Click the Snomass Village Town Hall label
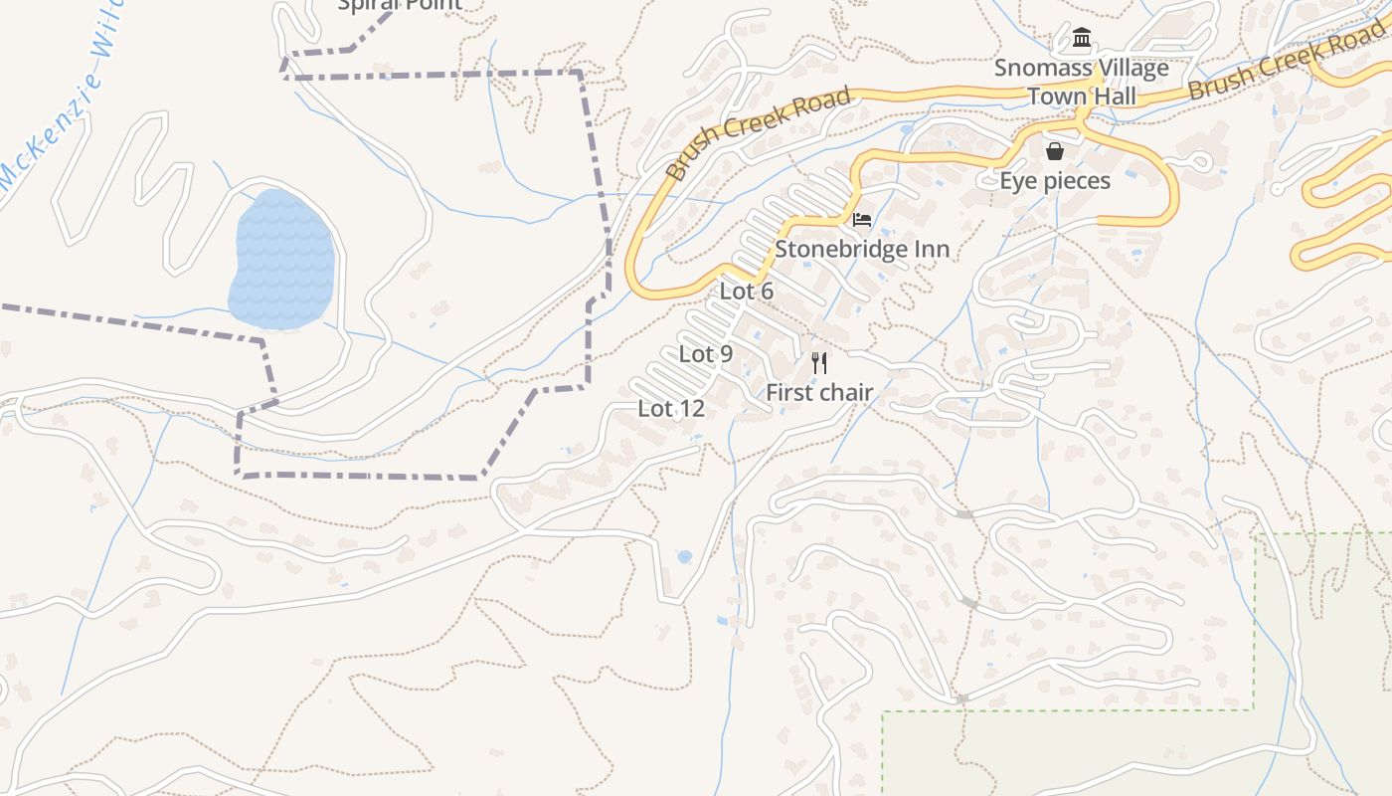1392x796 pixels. [1082, 83]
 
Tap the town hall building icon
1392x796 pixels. [1082, 40]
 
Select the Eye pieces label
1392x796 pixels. [1054, 181]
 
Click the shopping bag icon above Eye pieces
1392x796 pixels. [1054, 151]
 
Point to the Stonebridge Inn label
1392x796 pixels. [862, 249]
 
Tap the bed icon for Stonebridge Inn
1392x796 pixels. [862, 219]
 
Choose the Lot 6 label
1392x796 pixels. [746, 291]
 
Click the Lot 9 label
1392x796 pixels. [706, 353]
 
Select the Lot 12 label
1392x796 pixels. [671, 408]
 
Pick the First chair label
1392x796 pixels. [819, 392]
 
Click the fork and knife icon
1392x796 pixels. [819, 362]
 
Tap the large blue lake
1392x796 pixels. [280, 259]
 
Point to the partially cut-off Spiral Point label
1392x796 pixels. [400, 5]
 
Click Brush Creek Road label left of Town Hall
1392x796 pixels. [758, 134]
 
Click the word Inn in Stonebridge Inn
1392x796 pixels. [931, 249]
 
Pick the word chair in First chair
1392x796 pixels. [846, 392]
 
